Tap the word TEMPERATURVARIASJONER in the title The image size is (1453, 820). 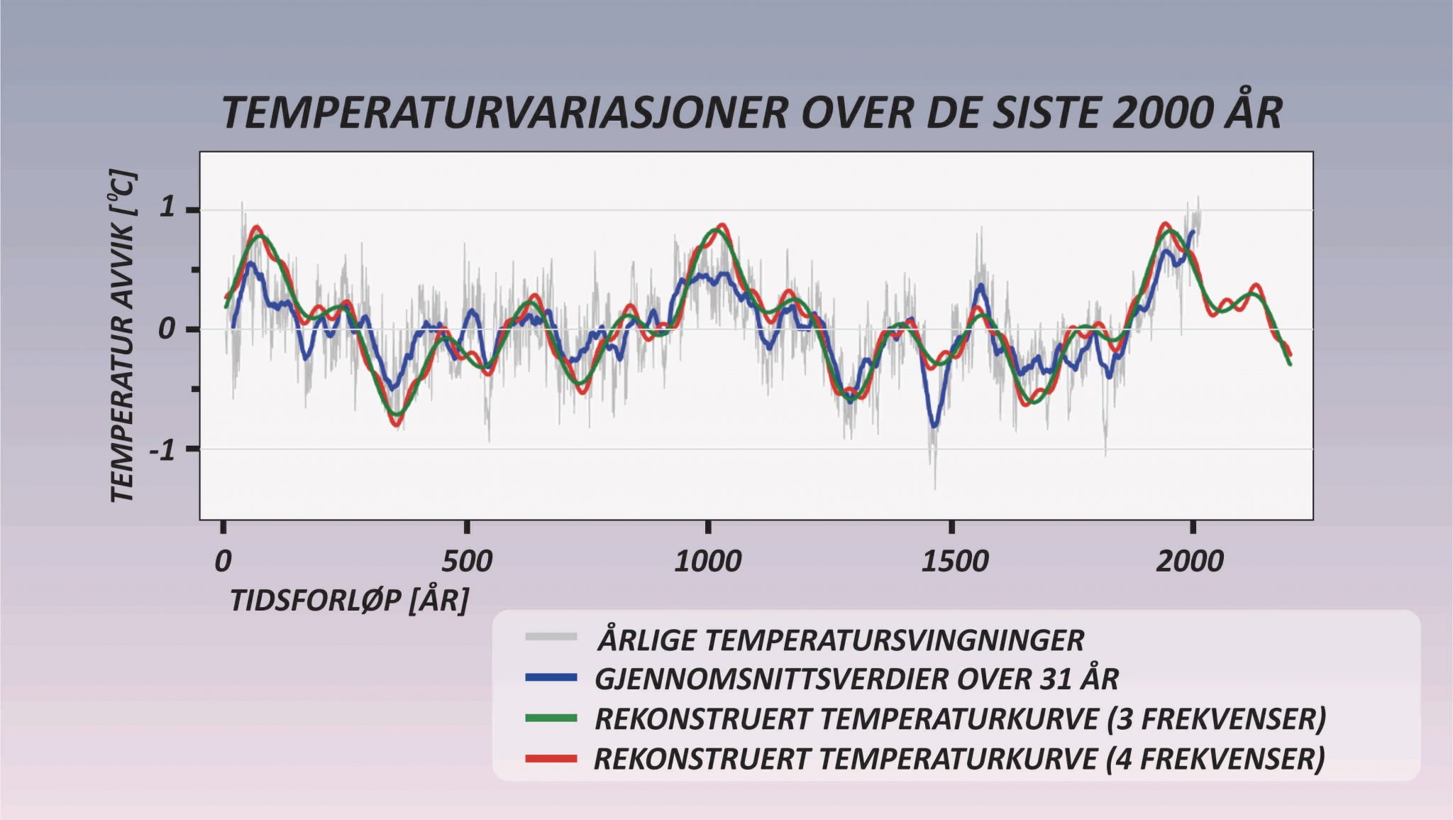point(504,114)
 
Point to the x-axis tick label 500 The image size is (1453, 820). point(466,562)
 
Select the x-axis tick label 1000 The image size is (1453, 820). point(707,562)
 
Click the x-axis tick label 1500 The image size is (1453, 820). point(954,562)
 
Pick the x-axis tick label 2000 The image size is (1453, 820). point(1190,562)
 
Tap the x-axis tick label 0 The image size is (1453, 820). point(223,562)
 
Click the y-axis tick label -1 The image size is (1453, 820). point(162,449)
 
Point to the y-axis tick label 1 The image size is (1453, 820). point(167,208)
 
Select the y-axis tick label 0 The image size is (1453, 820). point(167,329)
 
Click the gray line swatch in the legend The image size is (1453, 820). point(551,637)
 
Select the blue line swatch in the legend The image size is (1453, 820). point(551,678)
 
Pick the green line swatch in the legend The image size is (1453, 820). point(551,718)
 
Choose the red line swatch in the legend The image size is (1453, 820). point(551,759)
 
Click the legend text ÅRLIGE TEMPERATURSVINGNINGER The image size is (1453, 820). point(841,640)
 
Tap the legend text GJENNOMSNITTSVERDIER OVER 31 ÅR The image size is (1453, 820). point(856,679)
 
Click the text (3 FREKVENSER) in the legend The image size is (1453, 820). point(1216,719)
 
